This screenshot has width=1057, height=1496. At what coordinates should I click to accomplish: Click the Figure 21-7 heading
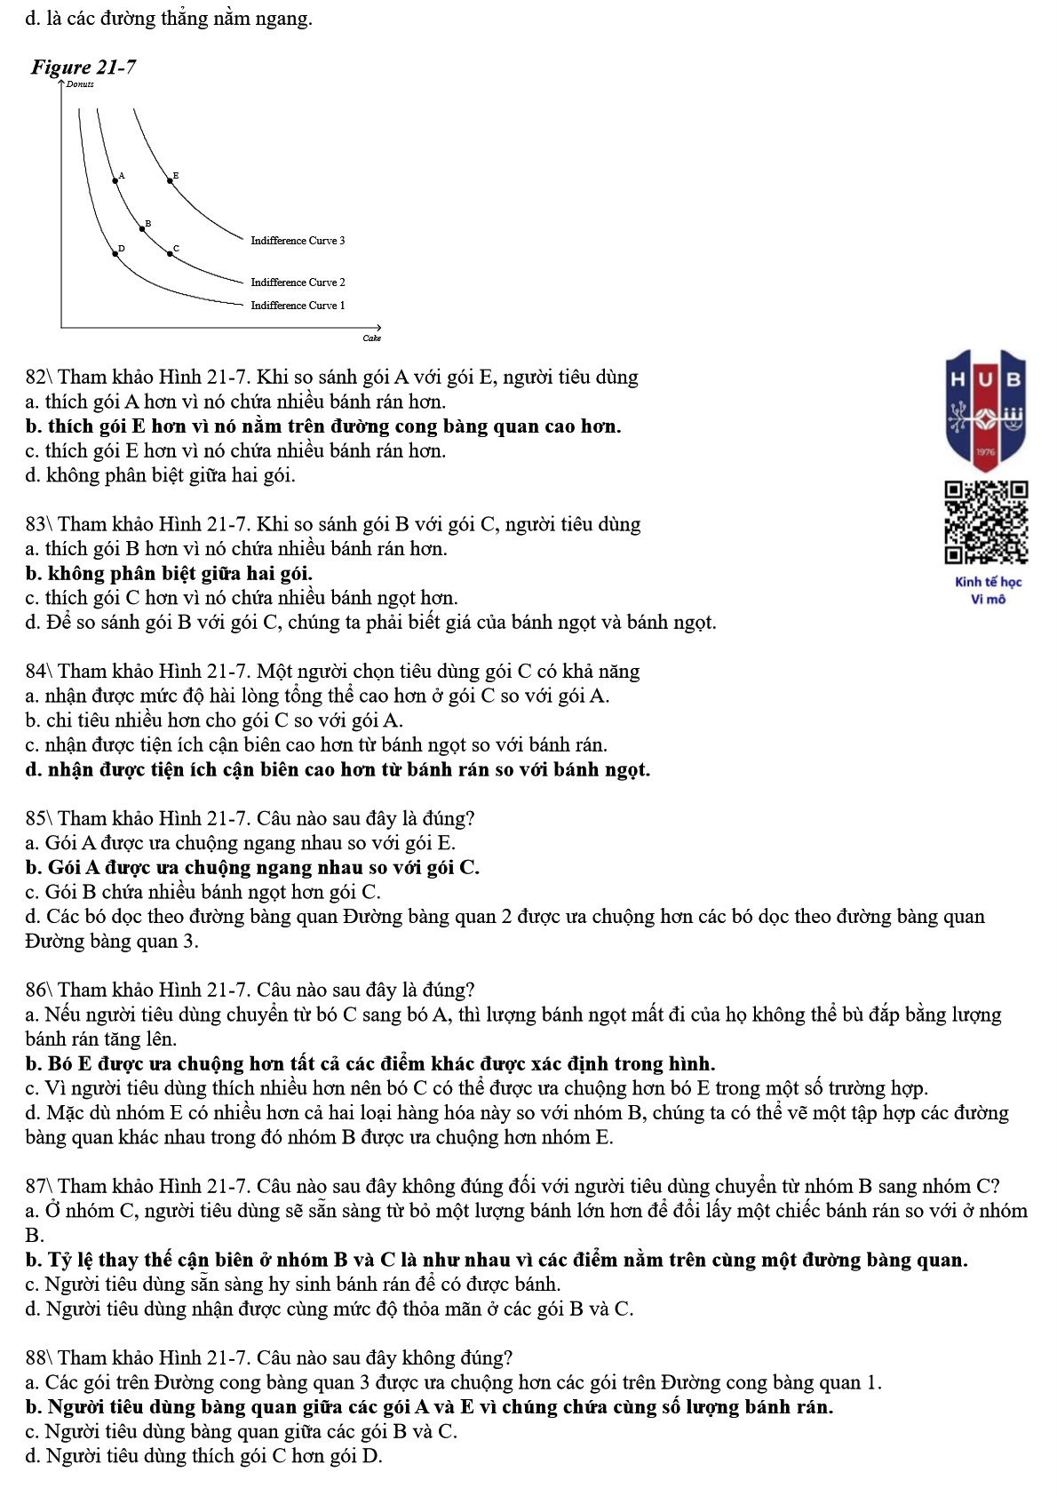pos(83,68)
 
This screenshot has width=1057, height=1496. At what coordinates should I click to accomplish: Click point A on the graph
pos(115,180)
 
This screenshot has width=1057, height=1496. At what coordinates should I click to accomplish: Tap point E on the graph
pos(171,180)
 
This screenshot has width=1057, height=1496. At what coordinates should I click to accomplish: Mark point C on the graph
pos(171,253)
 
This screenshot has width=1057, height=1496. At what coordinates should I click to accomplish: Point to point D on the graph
pos(115,254)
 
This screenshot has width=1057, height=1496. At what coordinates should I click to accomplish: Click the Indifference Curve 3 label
pos(298,241)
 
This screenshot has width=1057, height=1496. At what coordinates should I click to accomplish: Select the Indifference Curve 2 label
pos(298,282)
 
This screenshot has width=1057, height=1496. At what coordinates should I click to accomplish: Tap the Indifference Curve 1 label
pos(298,306)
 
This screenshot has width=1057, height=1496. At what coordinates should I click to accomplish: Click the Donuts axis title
pos(80,84)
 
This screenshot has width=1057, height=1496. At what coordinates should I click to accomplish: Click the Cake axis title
pos(371,338)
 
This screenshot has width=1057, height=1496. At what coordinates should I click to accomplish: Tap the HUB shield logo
pos(986,409)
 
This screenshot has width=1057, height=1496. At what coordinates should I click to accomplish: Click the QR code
pos(986,522)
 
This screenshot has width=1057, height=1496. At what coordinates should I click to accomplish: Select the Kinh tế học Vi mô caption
pos(988,591)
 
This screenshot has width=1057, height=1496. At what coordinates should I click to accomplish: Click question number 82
pos(39,378)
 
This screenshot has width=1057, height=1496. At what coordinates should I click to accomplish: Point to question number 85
pos(39,818)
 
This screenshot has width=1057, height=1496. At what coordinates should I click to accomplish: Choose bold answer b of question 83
pos(169,574)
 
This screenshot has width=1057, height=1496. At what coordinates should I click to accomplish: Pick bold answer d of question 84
pos(338,769)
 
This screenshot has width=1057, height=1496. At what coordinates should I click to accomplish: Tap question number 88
pos(39,1358)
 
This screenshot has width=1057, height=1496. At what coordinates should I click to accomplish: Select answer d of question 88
pos(204,1456)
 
